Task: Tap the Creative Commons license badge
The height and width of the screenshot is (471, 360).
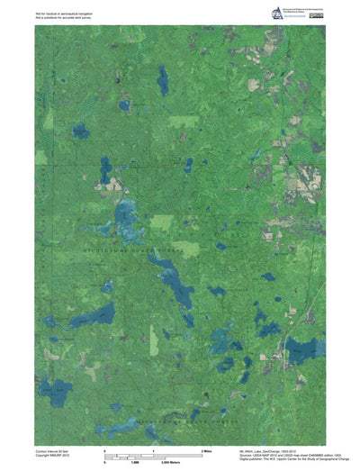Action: click(315, 11)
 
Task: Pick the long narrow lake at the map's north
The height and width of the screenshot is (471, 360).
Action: click(163, 82)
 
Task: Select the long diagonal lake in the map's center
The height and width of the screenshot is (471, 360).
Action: click(171, 280)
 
